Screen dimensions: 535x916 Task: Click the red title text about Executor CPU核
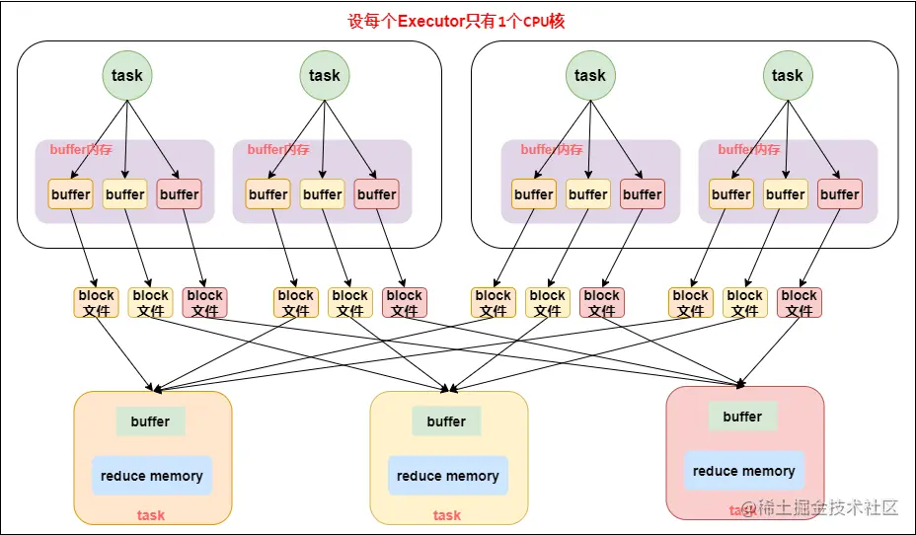point(457,21)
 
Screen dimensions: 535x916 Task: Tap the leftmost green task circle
point(126,75)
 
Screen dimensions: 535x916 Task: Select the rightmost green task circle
point(787,75)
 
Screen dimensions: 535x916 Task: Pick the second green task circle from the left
point(324,75)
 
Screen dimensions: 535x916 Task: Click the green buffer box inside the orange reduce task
point(150,421)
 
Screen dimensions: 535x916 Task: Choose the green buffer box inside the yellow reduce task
point(446,421)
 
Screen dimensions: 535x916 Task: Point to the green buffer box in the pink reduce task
point(742,417)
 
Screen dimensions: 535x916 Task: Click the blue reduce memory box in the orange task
point(151,476)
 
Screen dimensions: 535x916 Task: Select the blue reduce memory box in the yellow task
point(447,476)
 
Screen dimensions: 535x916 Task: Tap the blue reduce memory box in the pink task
point(743,471)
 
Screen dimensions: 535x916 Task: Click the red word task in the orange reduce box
point(151,514)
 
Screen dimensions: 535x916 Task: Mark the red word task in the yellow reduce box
point(447,514)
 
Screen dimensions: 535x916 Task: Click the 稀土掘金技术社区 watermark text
point(827,508)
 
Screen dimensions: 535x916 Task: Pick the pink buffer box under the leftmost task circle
point(179,194)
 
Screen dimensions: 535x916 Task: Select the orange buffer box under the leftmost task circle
point(70,194)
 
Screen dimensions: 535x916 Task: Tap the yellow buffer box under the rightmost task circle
point(785,194)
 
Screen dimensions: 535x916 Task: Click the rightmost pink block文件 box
point(799,302)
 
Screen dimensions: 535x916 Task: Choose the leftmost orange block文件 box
point(96,302)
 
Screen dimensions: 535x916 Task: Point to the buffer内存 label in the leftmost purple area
point(81,150)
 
